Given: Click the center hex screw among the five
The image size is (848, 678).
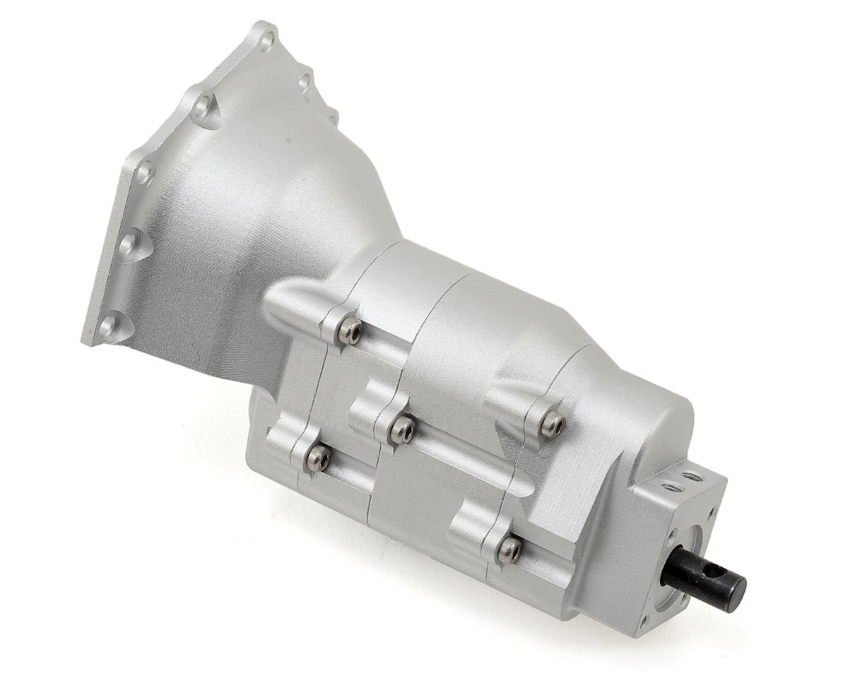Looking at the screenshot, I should point(402,430).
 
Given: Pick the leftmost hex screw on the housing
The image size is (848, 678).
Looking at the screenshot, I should point(317,460).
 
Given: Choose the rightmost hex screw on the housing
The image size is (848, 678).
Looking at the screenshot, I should point(552,424).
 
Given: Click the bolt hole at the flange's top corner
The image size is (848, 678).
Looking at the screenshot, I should point(266,40).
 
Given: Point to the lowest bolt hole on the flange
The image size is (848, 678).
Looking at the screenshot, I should point(107,326).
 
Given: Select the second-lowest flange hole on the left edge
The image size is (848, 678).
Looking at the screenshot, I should point(129,245).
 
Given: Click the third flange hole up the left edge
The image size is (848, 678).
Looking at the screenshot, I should point(145,172).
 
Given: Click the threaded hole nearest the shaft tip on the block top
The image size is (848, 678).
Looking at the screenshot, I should point(693,477).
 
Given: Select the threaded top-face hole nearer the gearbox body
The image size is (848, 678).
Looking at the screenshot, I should point(672,487).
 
